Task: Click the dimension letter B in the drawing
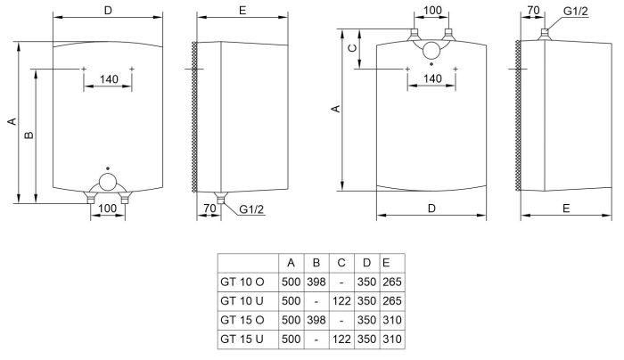click(29, 135)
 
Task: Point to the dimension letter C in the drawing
click(352, 47)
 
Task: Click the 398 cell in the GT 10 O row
click(316, 282)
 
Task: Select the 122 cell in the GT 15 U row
click(341, 340)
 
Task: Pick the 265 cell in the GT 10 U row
click(390, 301)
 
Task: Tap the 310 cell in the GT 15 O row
click(390, 321)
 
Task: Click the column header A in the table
click(291, 263)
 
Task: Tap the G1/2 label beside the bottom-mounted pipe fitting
click(252, 209)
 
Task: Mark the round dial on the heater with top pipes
click(431, 52)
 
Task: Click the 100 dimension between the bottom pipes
click(107, 209)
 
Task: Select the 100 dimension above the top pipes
click(432, 11)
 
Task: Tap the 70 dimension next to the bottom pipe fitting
click(210, 209)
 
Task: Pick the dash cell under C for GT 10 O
click(341, 282)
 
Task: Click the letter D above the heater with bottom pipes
click(108, 10)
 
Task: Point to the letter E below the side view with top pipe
click(567, 208)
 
